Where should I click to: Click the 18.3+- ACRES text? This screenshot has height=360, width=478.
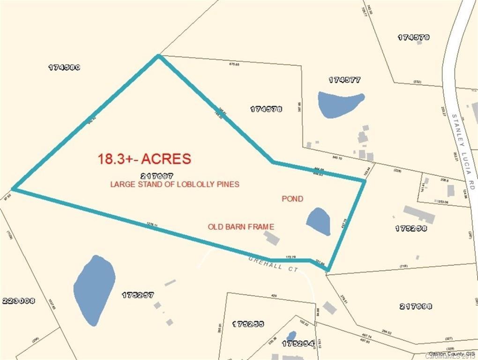click(144, 158)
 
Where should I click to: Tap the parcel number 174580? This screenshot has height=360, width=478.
click(65, 67)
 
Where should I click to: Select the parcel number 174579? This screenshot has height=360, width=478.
click(414, 37)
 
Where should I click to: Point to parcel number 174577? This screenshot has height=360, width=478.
click(344, 80)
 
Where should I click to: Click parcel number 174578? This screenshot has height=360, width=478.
click(266, 109)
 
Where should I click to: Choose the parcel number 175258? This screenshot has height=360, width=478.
click(411, 229)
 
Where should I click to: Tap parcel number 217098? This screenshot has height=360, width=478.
click(416, 307)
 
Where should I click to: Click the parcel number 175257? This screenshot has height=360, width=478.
click(138, 295)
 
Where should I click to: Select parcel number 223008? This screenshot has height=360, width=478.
click(18, 301)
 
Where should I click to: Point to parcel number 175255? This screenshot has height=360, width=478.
click(248, 324)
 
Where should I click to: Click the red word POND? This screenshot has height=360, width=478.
click(292, 199)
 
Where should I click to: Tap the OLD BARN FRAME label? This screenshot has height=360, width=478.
click(241, 227)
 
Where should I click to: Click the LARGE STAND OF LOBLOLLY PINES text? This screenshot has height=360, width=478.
click(175, 184)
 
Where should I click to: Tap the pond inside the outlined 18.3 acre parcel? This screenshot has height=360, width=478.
click(318, 221)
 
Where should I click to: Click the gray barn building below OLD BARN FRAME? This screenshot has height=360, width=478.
click(271, 239)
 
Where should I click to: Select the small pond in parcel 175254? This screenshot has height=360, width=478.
click(291, 336)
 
